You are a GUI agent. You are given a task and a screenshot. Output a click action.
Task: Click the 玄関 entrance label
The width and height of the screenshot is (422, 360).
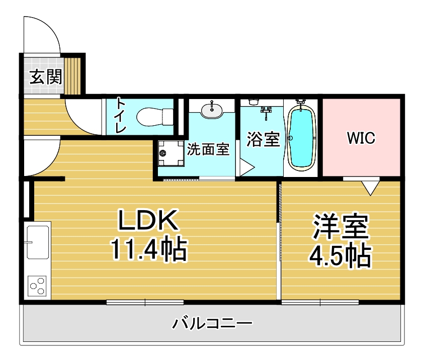coord(45,77)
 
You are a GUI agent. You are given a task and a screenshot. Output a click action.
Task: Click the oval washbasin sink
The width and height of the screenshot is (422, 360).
coord(212,110)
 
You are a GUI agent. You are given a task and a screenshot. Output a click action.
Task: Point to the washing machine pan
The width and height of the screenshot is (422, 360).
coord(171,153)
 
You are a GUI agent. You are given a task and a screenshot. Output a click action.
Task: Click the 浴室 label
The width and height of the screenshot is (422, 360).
coord(263,139)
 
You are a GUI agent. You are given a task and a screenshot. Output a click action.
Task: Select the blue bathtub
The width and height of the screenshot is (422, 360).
coord(301,138)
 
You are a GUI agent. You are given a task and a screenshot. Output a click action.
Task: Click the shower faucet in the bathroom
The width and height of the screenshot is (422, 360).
coord(266,112)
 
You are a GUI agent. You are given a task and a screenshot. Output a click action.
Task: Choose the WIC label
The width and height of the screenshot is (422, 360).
coord(361,138)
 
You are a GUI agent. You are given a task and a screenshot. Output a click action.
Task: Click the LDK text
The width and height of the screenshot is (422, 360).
coord(148,220)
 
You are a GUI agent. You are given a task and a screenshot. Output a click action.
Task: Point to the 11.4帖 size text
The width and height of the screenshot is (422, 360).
coord(149,249)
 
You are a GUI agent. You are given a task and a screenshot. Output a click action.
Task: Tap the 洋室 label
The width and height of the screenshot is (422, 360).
coord(341,227)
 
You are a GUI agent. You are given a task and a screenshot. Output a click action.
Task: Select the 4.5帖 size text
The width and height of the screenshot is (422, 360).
coord(341,255)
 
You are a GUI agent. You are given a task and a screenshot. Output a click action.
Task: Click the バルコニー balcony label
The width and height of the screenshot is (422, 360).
coord(212,323)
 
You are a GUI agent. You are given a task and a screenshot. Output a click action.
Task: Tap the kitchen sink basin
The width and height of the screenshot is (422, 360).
coord(38,242)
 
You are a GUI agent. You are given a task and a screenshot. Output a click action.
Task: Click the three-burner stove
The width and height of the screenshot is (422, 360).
coord(37,286)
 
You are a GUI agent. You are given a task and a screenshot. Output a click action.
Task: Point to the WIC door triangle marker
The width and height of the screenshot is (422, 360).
coord(370,188)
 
